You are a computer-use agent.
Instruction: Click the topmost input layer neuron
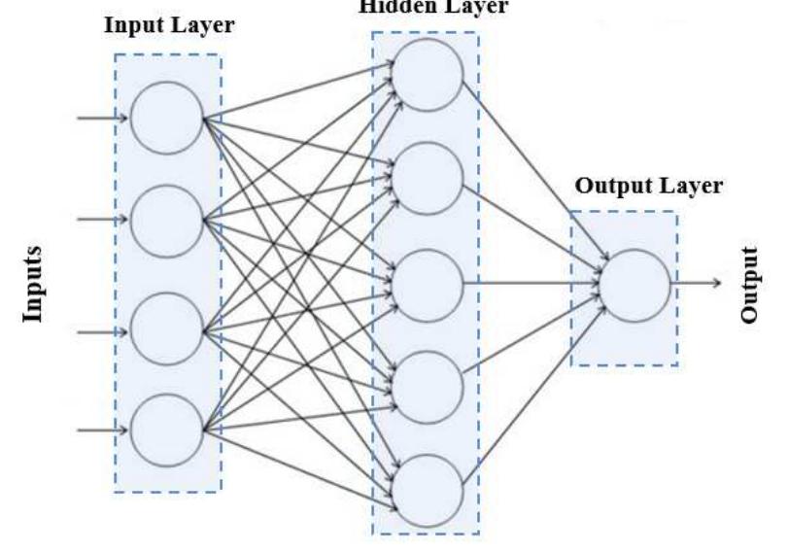tap(166, 119)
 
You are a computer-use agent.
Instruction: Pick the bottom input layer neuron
tap(166, 430)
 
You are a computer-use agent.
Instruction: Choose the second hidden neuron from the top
tap(429, 179)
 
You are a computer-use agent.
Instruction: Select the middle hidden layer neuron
tap(429, 284)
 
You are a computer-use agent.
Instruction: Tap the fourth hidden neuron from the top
tap(429, 387)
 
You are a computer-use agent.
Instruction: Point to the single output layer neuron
tap(635, 284)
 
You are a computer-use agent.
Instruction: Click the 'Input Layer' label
tap(169, 25)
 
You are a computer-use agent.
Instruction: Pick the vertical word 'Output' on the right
tap(748, 284)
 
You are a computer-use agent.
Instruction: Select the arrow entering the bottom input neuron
tap(103, 430)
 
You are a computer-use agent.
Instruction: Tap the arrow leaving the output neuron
tap(696, 284)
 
